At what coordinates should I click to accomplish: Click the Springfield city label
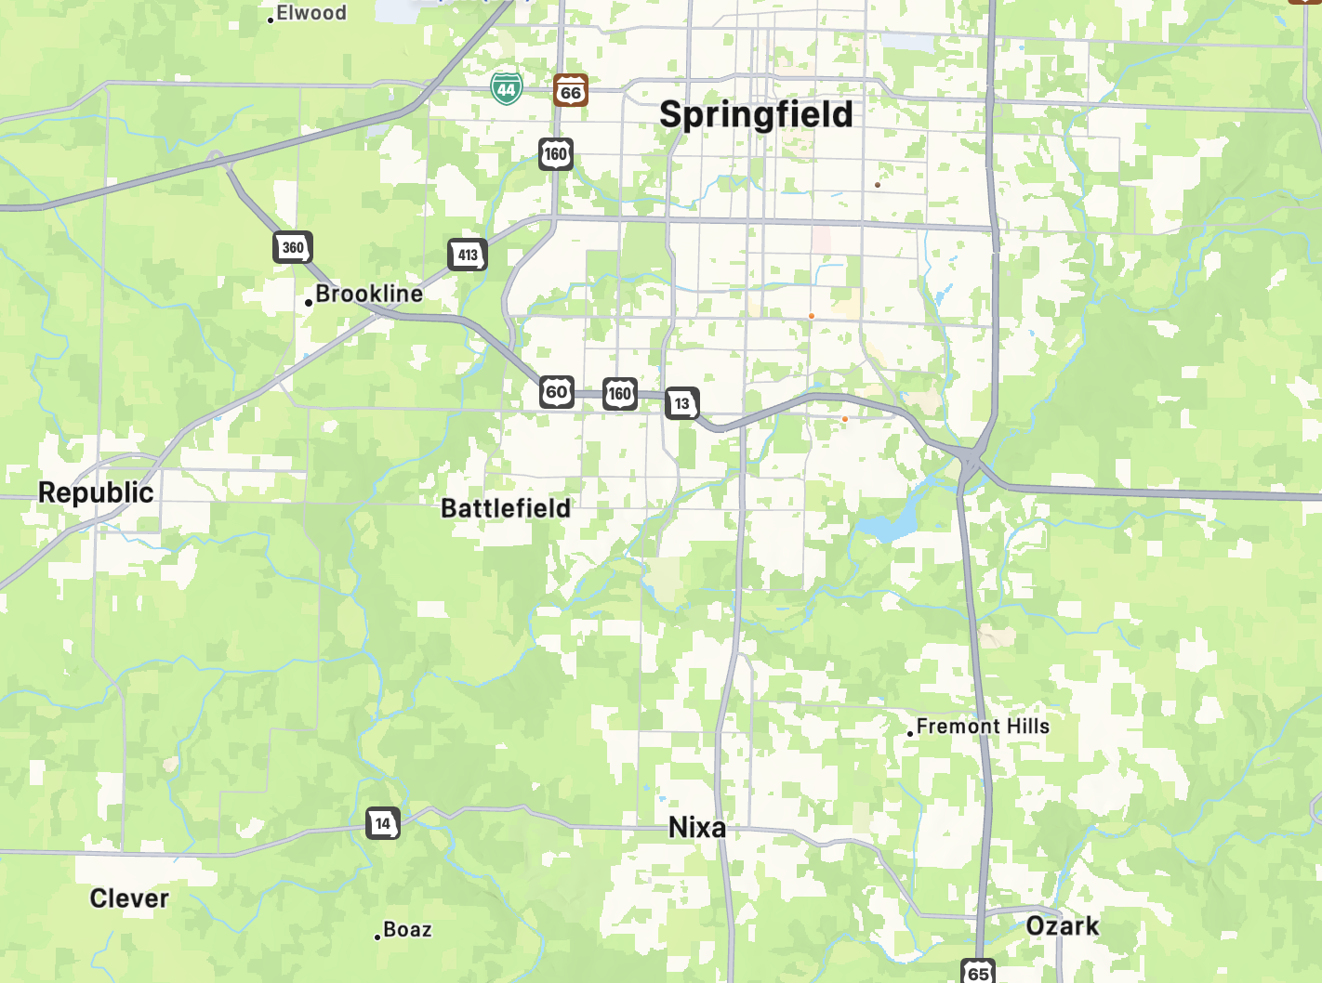tap(756, 114)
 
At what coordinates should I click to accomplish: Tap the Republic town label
tap(96, 492)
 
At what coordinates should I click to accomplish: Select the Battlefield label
tap(506, 508)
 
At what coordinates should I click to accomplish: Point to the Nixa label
tap(697, 827)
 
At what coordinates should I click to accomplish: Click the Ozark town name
tap(1063, 926)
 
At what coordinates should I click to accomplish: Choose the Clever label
tap(129, 898)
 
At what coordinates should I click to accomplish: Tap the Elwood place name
tap(311, 13)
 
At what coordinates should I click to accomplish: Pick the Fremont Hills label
tap(983, 727)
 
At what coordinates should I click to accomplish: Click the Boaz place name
tap(407, 930)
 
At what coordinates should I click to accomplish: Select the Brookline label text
tap(369, 294)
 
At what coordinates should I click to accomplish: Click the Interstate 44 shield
tap(507, 89)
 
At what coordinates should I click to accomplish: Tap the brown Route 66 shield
tap(571, 91)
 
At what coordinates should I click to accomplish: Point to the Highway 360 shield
tap(293, 247)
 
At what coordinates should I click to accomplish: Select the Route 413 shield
tap(468, 255)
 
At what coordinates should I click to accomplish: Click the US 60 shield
tap(557, 392)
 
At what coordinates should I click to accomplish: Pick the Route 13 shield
tap(682, 403)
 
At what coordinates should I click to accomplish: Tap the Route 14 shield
tap(383, 823)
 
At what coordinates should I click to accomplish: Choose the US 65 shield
tap(978, 972)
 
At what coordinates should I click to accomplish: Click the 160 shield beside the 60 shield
tap(620, 394)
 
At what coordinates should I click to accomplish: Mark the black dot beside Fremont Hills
tap(910, 734)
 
